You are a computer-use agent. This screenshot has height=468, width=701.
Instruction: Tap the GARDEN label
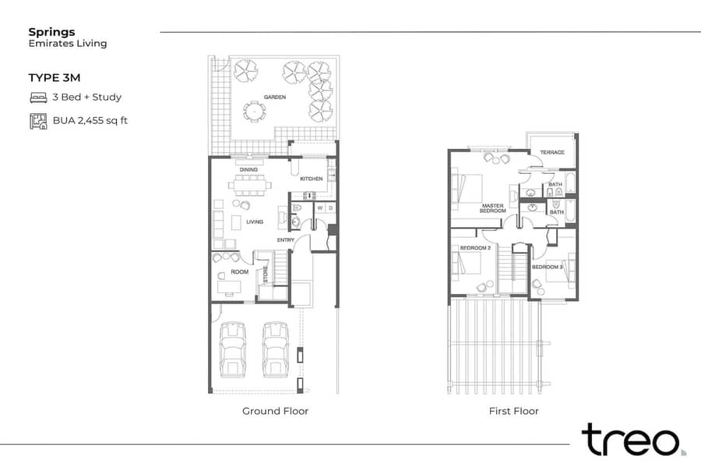274,97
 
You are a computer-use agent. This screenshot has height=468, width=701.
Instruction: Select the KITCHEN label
311,179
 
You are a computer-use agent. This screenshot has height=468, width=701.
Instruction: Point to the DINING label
248,170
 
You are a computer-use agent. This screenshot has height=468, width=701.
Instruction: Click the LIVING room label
255,222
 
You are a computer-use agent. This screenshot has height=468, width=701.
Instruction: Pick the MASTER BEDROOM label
493,208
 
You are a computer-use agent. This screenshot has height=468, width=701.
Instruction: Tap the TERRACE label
552,152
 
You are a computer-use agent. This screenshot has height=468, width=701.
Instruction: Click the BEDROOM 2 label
475,248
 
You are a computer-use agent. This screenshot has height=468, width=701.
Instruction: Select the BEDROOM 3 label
548,267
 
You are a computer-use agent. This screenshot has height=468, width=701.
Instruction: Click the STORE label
266,275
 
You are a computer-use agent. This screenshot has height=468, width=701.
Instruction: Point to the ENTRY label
286,240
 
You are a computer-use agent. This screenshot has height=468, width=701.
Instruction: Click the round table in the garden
254,111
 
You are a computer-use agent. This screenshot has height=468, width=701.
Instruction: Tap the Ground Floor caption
276,411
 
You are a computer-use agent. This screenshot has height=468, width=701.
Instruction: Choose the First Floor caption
514,411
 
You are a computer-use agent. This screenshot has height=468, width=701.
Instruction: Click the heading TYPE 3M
55,77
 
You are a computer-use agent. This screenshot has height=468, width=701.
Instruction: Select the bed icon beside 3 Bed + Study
38,97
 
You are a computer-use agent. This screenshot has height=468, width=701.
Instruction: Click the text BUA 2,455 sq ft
90,120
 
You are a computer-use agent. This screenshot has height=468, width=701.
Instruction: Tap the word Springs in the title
52,32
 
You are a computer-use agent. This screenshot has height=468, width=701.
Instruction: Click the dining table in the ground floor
250,185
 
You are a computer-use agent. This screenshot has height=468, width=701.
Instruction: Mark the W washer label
319,208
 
